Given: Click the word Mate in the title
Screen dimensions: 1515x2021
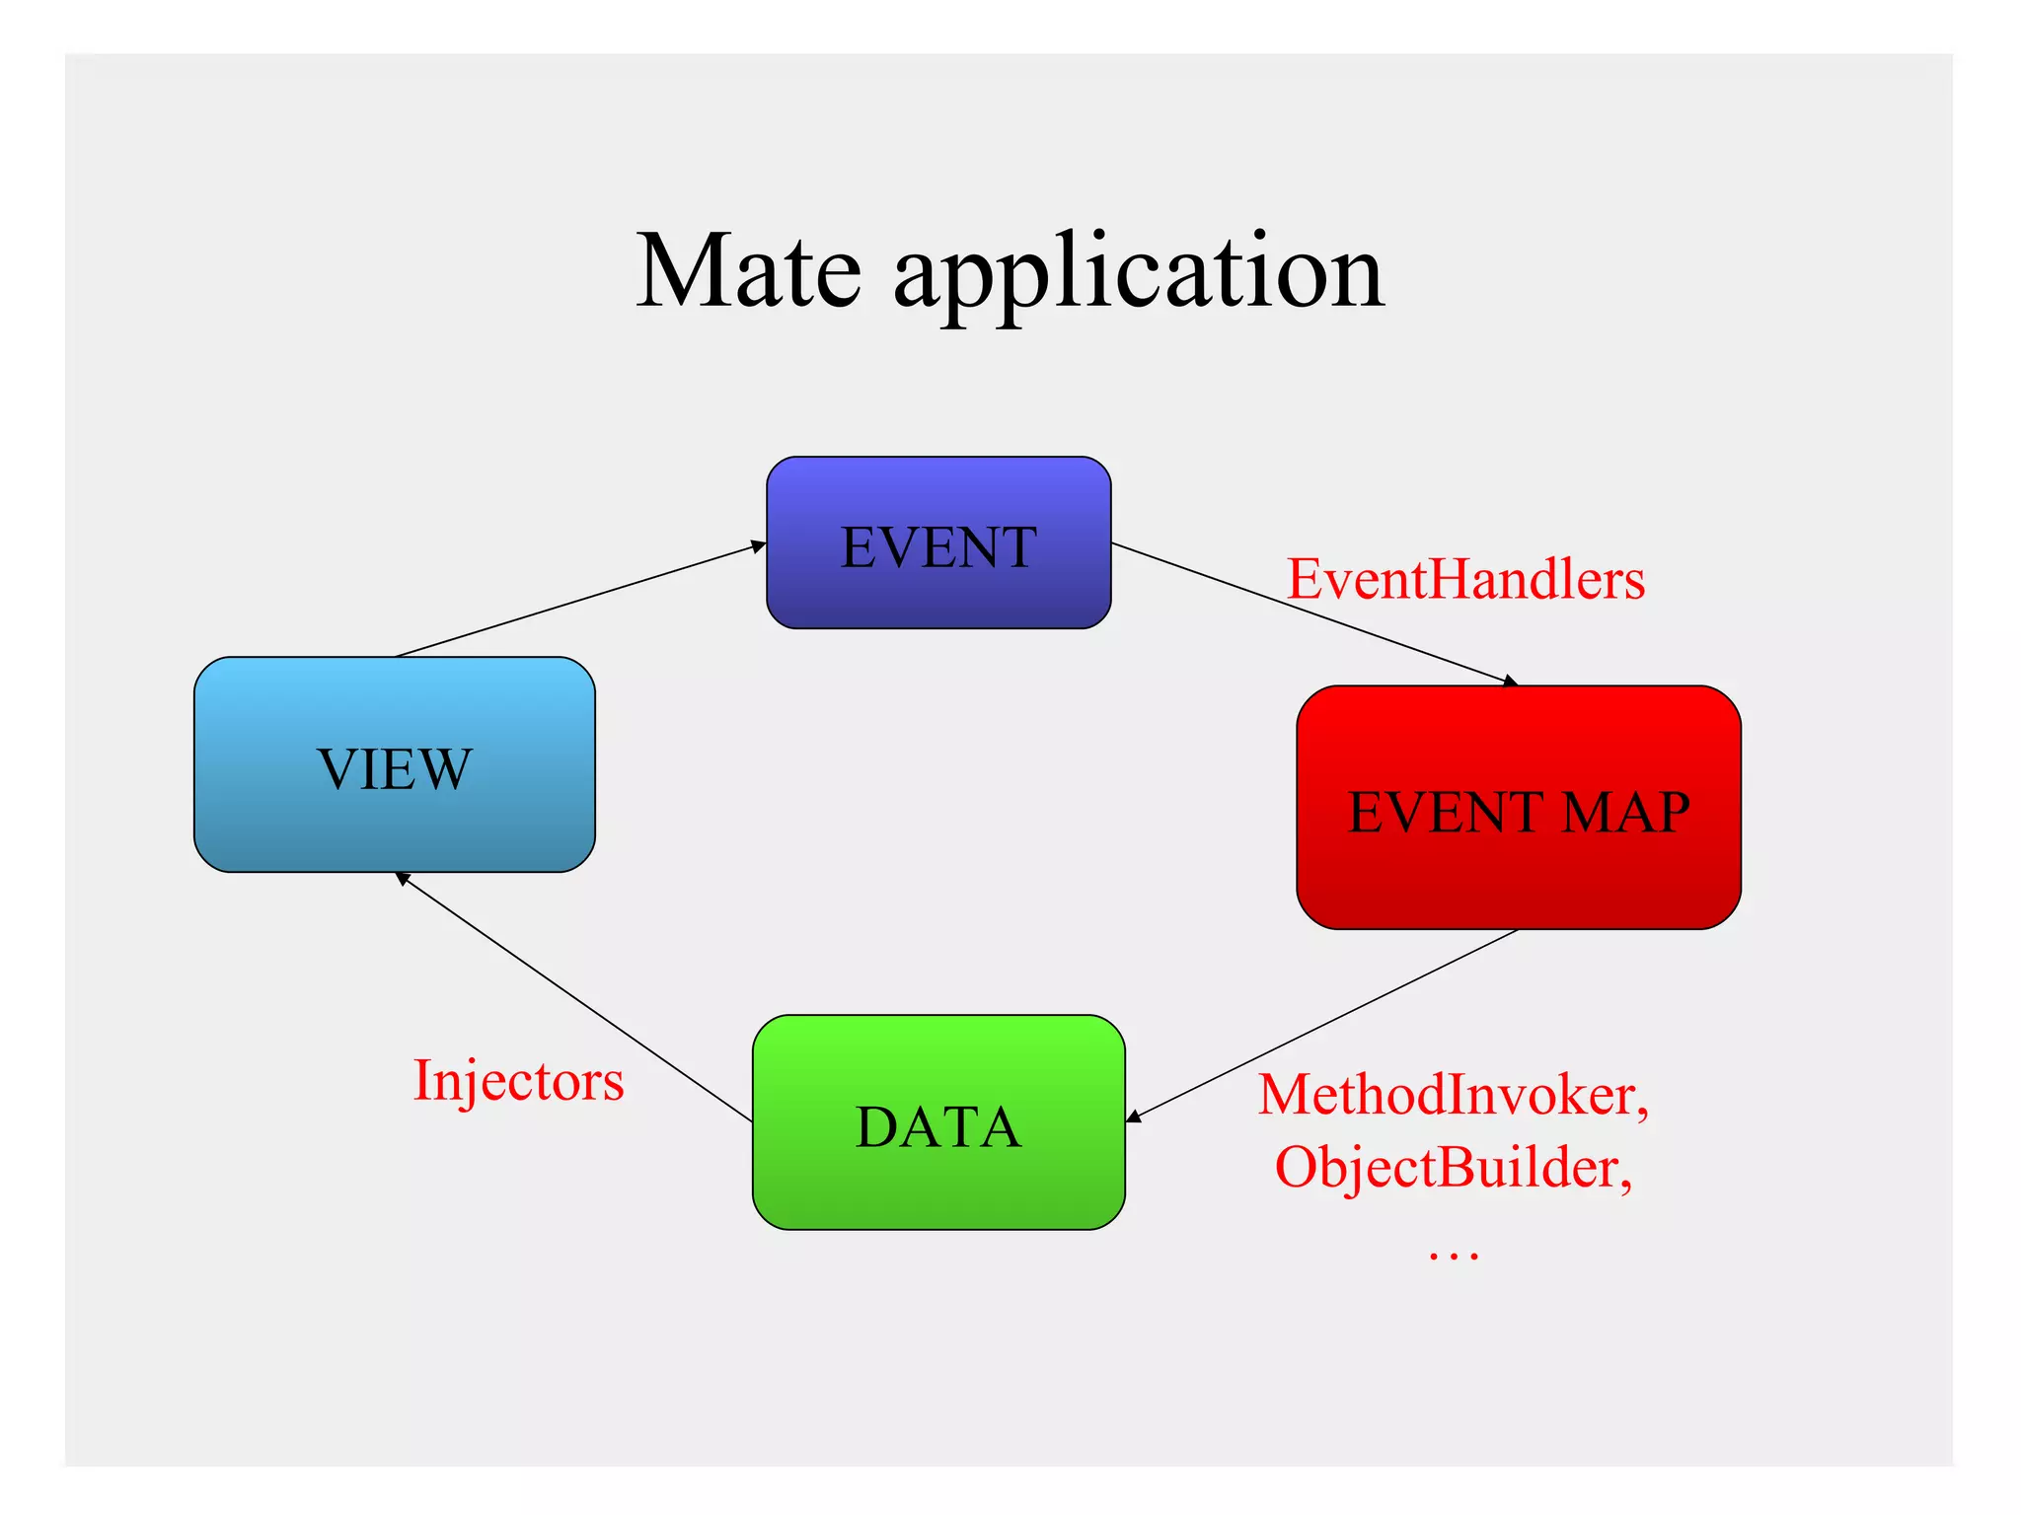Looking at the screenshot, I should tap(748, 271).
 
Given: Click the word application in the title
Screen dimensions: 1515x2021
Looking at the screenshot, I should tap(1139, 274).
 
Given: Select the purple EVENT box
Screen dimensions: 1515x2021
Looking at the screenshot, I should tap(938, 542).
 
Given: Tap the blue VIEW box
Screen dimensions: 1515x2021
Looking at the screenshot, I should tap(394, 764).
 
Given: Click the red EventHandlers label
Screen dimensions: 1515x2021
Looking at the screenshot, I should tap(1465, 579).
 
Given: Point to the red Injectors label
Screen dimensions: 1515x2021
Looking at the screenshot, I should tap(518, 1080).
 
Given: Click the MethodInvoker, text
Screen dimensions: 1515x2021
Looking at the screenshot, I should tap(1453, 1095).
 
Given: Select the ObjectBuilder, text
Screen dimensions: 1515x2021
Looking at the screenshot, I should tap(1453, 1168).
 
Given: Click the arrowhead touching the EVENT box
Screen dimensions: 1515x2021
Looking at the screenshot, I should tap(759, 545).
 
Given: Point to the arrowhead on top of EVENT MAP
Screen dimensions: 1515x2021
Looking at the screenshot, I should tap(1511, 682).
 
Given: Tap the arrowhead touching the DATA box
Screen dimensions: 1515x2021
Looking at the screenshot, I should tap(1134, 1117).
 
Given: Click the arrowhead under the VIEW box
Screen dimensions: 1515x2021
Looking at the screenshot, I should tap(403, 878).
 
